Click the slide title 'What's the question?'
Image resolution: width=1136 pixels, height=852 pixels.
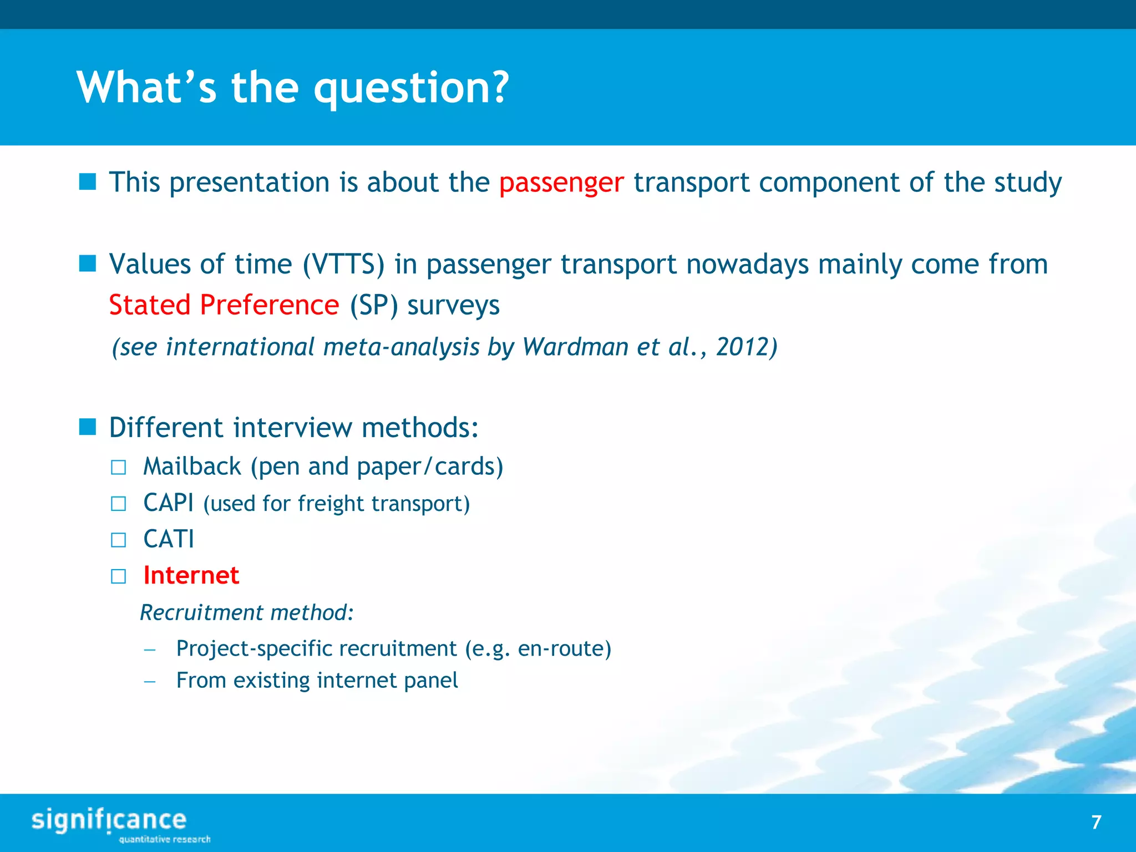292,88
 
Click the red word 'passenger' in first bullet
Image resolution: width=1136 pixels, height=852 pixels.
561,183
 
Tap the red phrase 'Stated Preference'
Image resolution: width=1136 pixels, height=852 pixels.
224,305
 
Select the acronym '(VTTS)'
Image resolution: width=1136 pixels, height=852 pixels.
343,265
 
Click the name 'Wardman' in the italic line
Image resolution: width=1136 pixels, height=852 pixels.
575,347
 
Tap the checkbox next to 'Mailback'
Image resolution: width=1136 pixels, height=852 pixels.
118,468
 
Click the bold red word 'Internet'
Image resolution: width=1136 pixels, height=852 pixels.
191,575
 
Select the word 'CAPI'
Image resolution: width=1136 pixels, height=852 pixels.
168,503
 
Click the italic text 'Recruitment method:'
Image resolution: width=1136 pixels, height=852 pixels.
247,613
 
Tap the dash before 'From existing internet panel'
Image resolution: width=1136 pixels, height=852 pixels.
149,681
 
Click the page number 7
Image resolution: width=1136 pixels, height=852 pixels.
1096,822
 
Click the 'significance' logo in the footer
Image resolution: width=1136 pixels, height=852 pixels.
109,820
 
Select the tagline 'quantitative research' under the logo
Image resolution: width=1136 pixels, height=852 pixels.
165,839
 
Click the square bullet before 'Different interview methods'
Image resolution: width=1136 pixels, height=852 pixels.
88,427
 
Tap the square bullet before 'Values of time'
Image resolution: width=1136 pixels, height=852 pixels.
88,263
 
